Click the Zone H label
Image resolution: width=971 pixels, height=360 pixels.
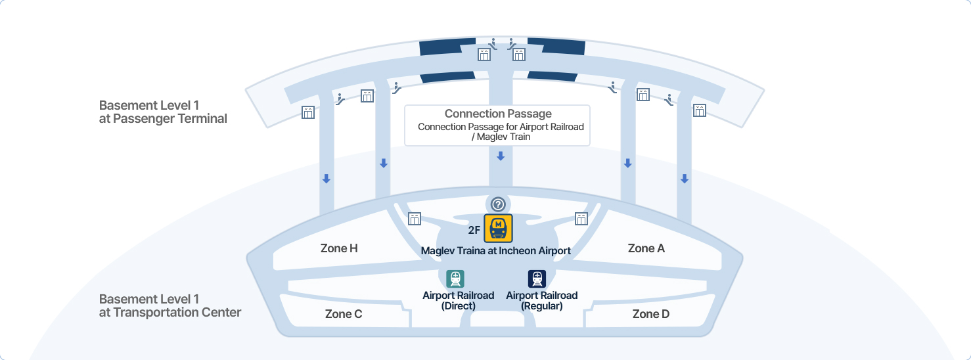coord(339,248)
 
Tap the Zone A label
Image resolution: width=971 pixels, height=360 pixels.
coord(646,248)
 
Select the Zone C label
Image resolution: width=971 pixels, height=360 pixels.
coord(344,314)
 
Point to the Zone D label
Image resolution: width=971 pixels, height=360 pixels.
coord(650,314)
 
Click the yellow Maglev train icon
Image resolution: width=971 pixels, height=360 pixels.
coord(498,229)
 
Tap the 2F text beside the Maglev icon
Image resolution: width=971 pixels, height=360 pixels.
coord(474,230)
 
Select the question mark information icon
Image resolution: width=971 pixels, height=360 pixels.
coord(498,204)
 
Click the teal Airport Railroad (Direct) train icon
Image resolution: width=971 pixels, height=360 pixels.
coord(455,279)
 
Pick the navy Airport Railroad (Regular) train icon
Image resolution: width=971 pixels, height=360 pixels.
coord(537,279)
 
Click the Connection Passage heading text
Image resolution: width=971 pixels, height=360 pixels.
coord(498,114)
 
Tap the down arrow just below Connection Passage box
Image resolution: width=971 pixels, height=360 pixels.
coord(501,156)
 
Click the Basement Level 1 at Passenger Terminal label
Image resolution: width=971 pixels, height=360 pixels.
coord(163,112)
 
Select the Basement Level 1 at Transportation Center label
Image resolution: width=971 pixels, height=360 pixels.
coord(169,305)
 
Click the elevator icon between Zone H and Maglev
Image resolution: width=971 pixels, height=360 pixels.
coord(415,219)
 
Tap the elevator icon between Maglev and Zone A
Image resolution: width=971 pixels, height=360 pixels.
coord(581,219)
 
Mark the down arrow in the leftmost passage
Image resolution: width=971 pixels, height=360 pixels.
coord(326,179)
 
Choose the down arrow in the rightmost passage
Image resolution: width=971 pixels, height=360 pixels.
coord(684,179)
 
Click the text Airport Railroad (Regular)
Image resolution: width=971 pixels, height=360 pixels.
coord(541,301)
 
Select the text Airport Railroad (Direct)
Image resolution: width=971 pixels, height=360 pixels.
coord(458,301)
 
